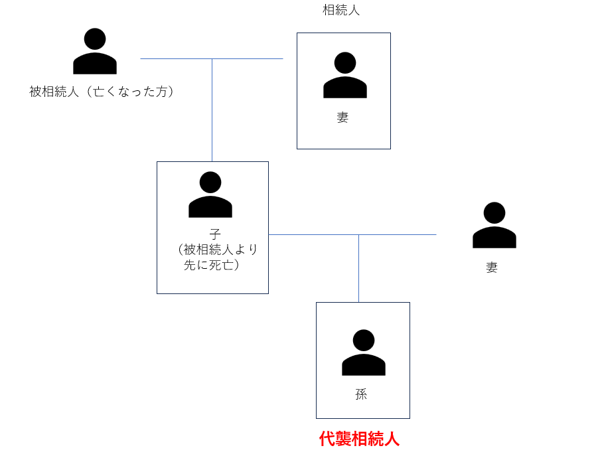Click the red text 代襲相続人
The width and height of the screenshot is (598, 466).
coord(359,439)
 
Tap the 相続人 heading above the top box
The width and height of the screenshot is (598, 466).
coord(341,10)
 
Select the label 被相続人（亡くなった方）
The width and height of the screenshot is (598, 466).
coord(102,92)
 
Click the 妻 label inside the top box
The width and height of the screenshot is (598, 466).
coord(342,118)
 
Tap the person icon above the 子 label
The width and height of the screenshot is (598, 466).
coord(210,195)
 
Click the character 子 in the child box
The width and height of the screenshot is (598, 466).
coord(214,234)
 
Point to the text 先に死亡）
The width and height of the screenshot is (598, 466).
coord(212,265)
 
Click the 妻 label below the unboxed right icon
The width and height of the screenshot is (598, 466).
coord(492,268)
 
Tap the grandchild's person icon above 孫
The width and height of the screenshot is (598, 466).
coord(364,353)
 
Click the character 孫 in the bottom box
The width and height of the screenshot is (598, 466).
coord(361,394)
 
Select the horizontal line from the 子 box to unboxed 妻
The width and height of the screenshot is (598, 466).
coord(398,234)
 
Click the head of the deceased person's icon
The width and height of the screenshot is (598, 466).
coord(95,39)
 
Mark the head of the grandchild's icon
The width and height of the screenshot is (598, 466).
coord(364,340)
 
